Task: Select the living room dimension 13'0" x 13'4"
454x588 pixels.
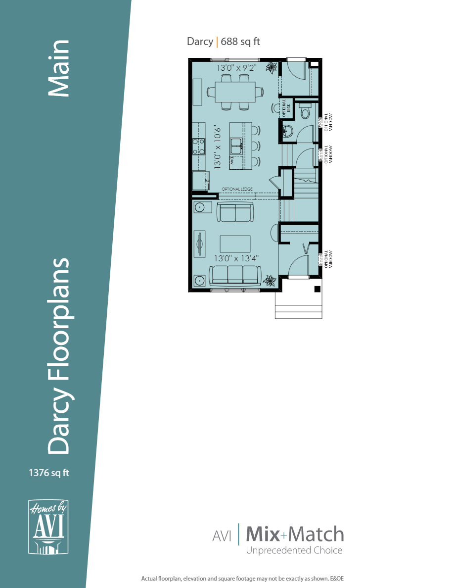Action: click(x=236, y=258)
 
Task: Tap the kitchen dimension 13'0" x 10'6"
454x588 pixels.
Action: click(x=218, y=147)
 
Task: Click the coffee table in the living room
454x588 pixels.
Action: click(x=235, y=244)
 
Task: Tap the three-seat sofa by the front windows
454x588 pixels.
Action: click(x=235, y=275)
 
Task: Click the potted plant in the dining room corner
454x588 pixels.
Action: click(x=272, y=67)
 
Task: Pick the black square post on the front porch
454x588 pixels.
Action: click(x=318, y=289)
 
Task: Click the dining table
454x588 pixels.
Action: click(x=235, y=92)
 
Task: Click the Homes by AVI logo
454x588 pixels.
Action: click(x=48, y=527)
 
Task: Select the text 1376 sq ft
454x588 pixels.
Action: click(x=49, y=473)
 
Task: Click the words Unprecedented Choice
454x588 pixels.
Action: click(x=294, y=550)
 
